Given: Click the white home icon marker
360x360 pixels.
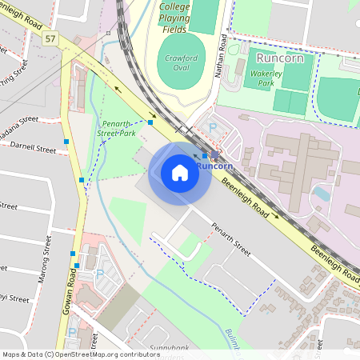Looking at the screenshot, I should coord(180,173).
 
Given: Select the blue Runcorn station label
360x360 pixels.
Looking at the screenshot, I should coord(214,166).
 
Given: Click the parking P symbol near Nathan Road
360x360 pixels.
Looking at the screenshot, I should coord(212,127).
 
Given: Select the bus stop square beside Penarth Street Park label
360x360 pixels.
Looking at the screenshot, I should coord(150,122).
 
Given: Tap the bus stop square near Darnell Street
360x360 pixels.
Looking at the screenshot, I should coord(67,141).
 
